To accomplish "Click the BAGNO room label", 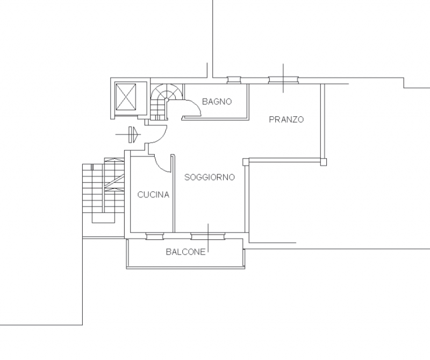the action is tap(217, 102).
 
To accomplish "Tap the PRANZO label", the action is tap(286, 119).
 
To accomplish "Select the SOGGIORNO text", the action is tap(210, 178).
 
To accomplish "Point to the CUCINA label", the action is tap(153, 195).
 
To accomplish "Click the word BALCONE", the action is tap(185, 252).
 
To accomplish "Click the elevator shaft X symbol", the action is tap(126, 97).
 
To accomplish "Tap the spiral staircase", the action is tap(166, 102).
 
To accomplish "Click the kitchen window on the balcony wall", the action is tap(155, 236).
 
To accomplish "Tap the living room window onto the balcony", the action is tap(207, 236).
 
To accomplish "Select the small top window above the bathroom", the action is tap(234, 80).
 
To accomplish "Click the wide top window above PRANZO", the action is tap(284, 80).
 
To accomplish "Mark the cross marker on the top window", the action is tap(283, 79).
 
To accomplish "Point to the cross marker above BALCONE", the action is tap(208, 238).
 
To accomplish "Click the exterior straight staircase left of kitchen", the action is tap(103, 190).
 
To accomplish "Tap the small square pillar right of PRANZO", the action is tap(324, 162).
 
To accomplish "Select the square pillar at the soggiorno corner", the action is tap(246, 162).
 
